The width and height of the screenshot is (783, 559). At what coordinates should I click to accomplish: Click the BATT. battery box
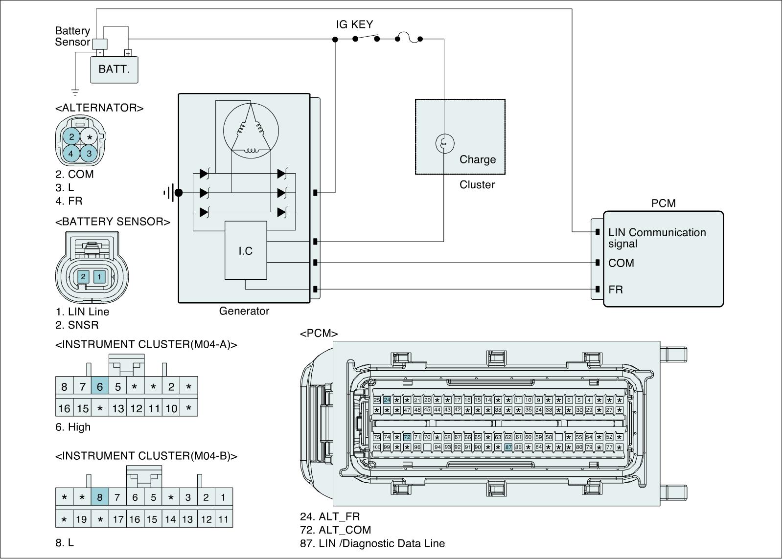point(114,69)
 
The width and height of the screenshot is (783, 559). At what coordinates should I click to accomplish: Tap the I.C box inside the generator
point(246,250)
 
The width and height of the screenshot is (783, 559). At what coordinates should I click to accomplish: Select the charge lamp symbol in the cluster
point(444,143)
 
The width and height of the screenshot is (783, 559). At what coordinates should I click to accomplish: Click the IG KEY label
point(354,24)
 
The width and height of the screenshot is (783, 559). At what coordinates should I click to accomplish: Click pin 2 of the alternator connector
point(71,136)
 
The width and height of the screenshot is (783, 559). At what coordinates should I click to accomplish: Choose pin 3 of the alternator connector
point(89,153)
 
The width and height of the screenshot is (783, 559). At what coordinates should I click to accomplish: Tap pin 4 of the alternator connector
point(71,154)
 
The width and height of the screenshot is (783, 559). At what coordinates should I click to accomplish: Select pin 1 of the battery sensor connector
point(99,277)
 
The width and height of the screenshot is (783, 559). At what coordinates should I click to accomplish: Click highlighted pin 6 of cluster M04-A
point(100,387)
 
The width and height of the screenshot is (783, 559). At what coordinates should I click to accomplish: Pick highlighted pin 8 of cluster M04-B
point(100,498)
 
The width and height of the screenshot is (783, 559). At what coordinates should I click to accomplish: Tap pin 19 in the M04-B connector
point(82,519)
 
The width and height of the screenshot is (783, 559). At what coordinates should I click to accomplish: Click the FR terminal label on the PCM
point(616,290)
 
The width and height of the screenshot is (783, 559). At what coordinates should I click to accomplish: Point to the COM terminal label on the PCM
point(621,263)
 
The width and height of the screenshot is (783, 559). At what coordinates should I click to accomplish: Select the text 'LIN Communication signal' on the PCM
point(657,238)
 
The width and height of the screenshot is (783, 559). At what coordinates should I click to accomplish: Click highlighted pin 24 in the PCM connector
point(387,400)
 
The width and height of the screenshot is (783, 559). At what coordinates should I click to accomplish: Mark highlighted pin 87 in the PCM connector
point(508,447)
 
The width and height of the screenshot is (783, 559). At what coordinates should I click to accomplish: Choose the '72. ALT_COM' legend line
point(335,530)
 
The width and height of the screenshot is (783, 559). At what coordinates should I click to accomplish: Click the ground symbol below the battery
point(75,91)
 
